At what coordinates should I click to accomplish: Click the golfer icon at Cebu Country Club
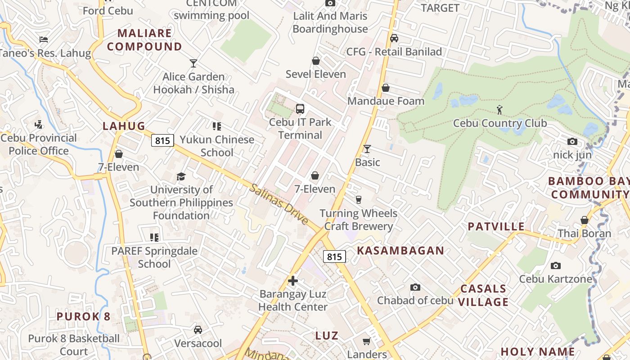499,109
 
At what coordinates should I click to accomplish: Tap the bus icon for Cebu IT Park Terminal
300,108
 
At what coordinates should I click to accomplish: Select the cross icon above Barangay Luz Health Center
293,281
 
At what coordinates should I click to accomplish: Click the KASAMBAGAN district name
400,251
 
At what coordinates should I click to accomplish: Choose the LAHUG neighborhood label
124,126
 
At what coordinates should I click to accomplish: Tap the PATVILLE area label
496,226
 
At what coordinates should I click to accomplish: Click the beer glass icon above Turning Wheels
359,199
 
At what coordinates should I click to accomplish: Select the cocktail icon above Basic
367,148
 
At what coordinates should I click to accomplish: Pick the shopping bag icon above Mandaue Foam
386,88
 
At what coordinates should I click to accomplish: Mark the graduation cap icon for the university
181,176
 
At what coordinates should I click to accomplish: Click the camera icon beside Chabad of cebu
415,287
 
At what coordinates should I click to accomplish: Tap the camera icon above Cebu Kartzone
556,265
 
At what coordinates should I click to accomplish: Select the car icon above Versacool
198,330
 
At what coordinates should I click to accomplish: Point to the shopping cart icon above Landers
367,341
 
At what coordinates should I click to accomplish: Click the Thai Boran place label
585,234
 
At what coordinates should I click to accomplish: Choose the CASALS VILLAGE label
483,295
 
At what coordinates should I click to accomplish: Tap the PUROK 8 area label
83,316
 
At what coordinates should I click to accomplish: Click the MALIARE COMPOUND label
144,40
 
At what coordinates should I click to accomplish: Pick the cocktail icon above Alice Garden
193,63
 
